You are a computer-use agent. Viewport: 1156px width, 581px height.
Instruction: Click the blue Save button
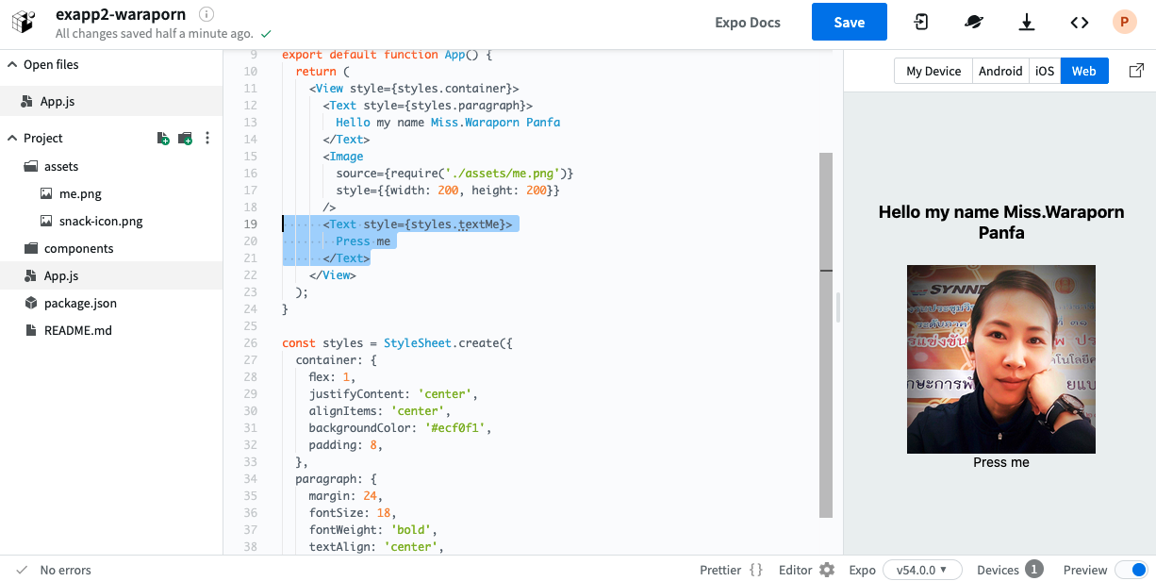[x=849, y=22]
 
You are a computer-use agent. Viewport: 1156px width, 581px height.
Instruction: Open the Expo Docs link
[x=748, y=23]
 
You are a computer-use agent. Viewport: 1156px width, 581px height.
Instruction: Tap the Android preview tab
[x=1000, y=71]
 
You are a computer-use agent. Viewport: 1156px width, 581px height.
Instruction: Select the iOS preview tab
[x=1045, y=71]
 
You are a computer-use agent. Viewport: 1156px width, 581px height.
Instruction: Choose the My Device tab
[x=933, y=71]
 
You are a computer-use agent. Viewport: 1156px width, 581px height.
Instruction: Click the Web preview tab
[x=1084, y=71]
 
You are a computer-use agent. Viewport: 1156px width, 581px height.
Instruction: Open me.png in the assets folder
[x=80, y=193]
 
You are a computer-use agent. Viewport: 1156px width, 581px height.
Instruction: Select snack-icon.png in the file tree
[x=101, y=221]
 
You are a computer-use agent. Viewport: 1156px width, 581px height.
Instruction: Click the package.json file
[x=80, y=303]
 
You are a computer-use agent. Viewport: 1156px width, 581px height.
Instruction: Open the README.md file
[x=77, y=330]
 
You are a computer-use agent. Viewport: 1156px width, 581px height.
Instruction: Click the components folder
[x=78, y=248]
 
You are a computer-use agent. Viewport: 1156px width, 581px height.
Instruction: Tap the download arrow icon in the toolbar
[x=1027, y=23]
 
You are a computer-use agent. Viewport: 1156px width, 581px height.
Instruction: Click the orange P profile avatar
[x=1124, y=23]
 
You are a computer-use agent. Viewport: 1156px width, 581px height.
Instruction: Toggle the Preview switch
[x=1132, y=570]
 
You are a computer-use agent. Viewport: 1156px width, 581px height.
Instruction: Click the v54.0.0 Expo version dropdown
[x=922, y=570]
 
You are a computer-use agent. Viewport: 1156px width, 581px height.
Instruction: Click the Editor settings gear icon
[x=827, y=570]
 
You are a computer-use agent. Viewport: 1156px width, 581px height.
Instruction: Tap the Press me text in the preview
[x=1000, y=462]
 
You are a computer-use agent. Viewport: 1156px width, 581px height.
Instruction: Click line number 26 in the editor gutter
[x=250, y=343]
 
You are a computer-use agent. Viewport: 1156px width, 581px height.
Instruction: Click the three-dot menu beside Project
[x=207, y=138]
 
